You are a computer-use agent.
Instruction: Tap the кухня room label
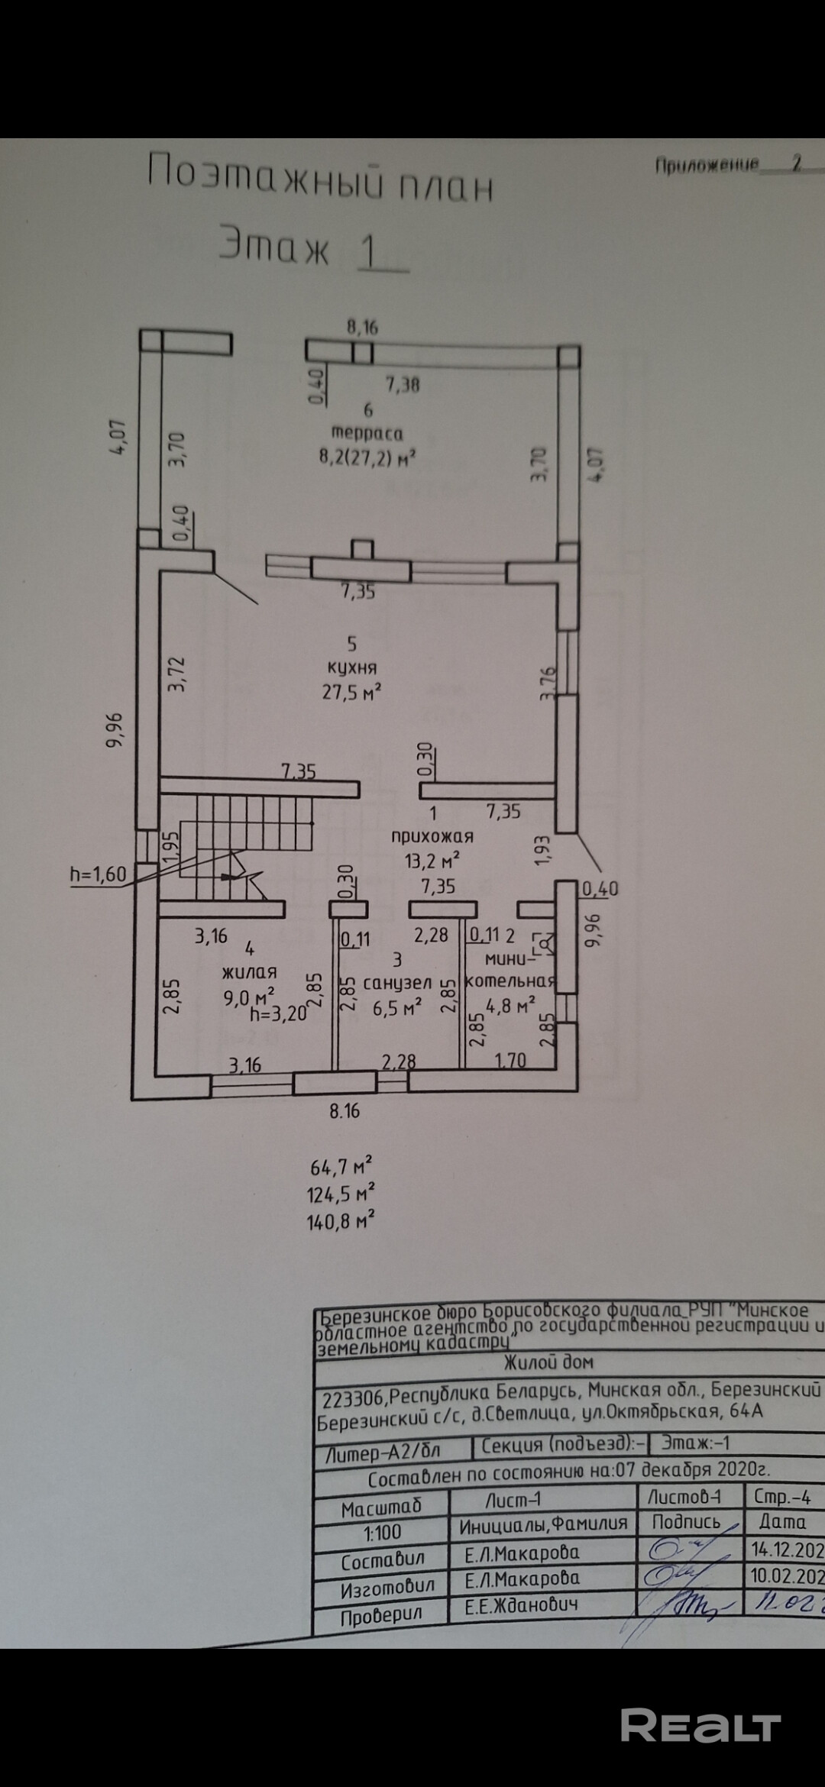(x=351, y=667)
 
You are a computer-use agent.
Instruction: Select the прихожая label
(x=432, y=835)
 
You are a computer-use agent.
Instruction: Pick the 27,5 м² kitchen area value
(x=352, y=692)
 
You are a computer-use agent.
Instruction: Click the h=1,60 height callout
(x=98, y=874)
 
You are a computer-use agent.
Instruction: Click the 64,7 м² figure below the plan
(x=341, y=1168)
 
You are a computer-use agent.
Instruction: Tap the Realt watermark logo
(x=700, y=1705)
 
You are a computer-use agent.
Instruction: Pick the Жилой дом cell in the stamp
(x=548, y=1362)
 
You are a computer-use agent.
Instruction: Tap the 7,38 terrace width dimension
(x=403, y=384)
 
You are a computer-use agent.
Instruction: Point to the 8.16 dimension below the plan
(x=345, y=1111)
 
